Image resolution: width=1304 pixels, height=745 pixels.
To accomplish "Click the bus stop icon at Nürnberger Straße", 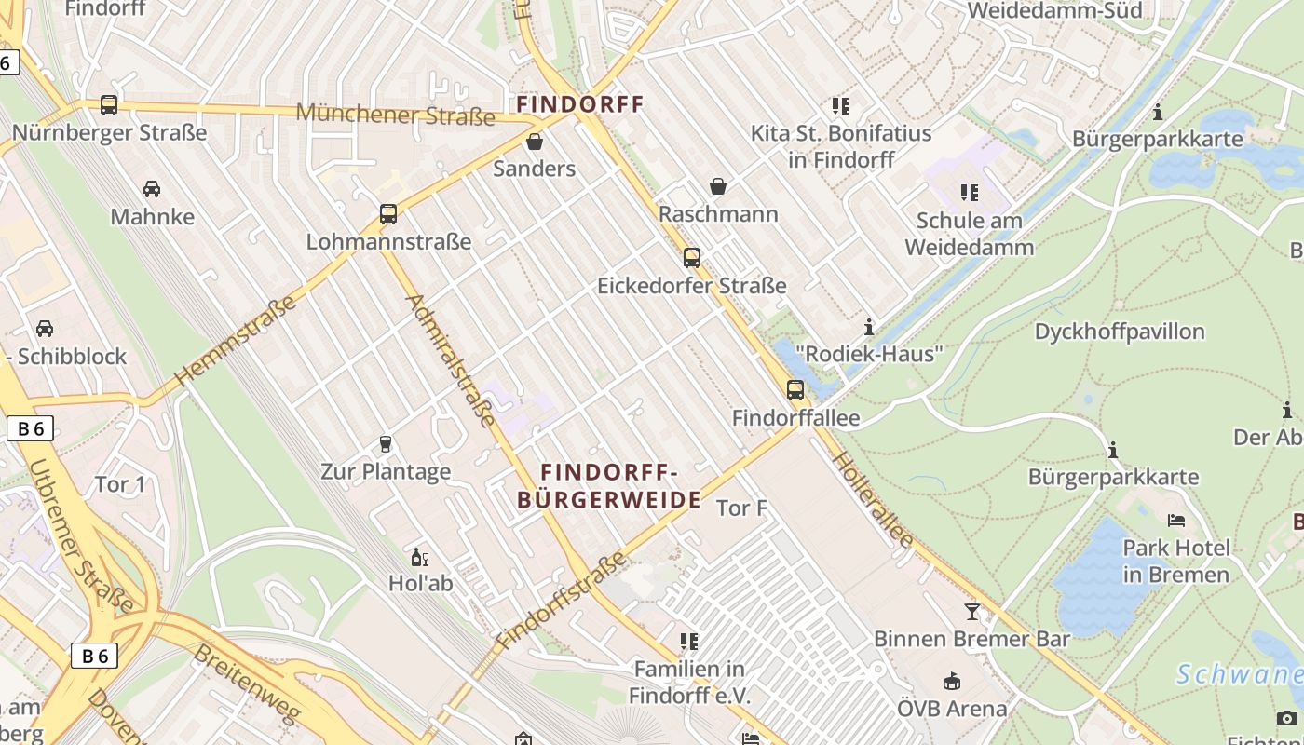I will pyautogui.click(x=109, y=105).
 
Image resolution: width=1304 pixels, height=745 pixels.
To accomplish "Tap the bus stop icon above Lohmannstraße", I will pyautogui.click(x=388, y=214).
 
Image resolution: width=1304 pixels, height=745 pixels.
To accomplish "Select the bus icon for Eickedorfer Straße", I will pyautogui.click(x=691, y=258).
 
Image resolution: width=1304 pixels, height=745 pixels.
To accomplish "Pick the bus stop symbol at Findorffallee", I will pyautogui.click(x=795, y=390).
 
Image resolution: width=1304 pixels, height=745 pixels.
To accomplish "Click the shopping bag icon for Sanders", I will pyautogui.click(x=535, y=142).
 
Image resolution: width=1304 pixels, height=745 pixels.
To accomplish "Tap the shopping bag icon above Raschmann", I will pyautogui.click(x=717, y=186).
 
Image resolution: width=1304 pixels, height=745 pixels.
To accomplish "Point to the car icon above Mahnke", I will pyautogui.click(x=151, y=189).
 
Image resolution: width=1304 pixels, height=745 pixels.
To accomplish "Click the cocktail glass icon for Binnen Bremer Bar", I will pyautogui.click(x=971, y=612).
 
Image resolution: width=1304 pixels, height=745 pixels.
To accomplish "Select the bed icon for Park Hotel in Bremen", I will pyautogui.click(x=1175, y=520).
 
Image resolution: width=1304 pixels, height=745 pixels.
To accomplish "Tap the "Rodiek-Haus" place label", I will pyautogui.click(x=869, y=354).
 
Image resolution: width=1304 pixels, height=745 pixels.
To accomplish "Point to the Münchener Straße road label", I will pyautogui.click(x=395, y=115).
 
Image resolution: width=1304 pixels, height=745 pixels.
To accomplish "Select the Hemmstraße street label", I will pyautogui.click(x=235, y=340).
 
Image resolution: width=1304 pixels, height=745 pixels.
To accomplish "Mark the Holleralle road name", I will pyautogui.click(x=872, y=499).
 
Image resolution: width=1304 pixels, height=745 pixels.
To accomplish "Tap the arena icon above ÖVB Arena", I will pyautogui.click(x=951, y=682).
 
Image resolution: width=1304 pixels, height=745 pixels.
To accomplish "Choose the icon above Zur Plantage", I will pyautogui.click(x=386, y=444).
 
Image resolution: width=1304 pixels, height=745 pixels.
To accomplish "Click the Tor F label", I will pyautogui.click(x=741, y=508).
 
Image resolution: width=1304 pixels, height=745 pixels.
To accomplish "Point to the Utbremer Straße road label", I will pyautogui.click(x=82, y=535).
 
